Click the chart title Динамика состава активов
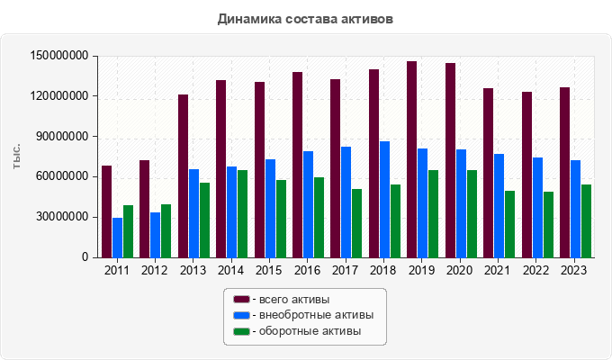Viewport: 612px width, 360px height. [x=305, y=18]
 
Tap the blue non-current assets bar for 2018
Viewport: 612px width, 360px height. [x=384, y=199]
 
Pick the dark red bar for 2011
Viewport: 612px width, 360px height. [x=106, y=211]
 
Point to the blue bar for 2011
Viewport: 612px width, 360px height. [x=117, y=238]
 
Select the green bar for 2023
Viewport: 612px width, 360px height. [x=586, y=220]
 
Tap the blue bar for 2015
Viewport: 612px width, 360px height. [x=270, y=208]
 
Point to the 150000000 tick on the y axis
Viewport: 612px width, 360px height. [x=58, y=56]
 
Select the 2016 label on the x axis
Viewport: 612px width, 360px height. [x=308, y=269]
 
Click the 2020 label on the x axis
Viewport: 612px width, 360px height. [x=461, y=269]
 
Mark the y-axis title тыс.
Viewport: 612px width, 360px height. [x=17, y=157]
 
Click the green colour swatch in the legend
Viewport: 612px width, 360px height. [x=241, y=331]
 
